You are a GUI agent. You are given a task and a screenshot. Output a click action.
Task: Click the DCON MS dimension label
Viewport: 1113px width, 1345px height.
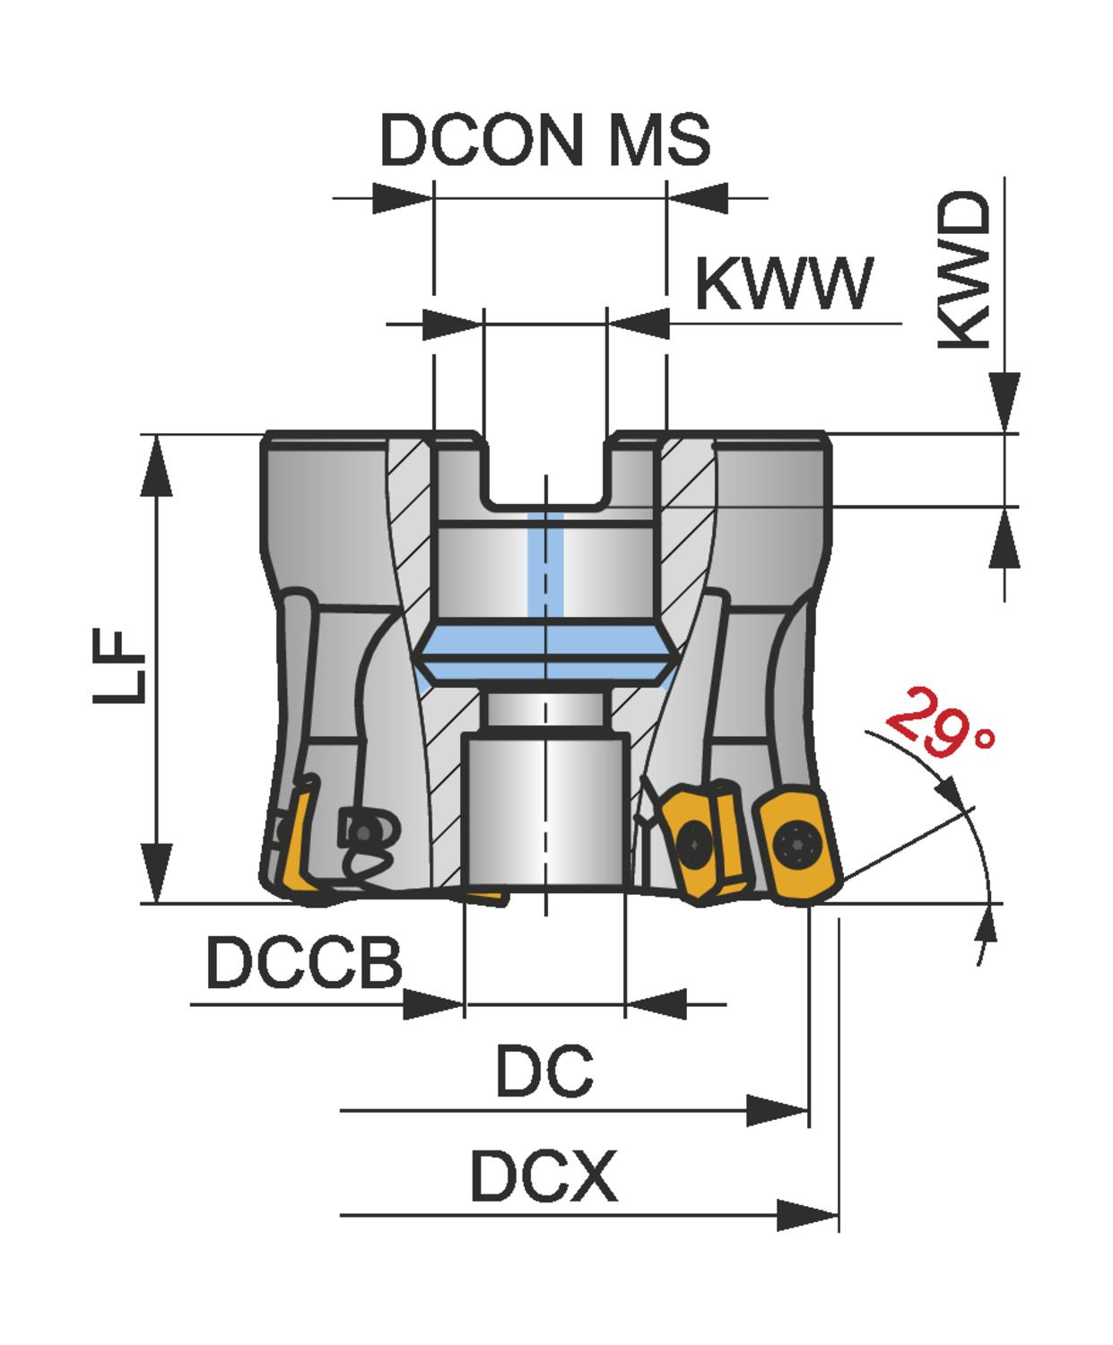tap(545, 141)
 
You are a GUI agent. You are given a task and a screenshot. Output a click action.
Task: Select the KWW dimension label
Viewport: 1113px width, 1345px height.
tap(783, 284)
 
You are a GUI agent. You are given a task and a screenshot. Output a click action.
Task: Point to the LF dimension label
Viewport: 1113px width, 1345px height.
tap(118, 668)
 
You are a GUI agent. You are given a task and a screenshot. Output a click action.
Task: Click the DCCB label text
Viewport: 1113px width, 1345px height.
tap(304, 962)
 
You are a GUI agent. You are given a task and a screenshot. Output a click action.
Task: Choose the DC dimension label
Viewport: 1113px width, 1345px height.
tap(544, 1072)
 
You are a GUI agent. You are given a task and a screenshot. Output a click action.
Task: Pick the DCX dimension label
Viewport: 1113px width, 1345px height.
tap(543, 1176)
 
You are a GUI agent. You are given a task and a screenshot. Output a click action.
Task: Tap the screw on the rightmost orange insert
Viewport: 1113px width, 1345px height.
tap(796, 843)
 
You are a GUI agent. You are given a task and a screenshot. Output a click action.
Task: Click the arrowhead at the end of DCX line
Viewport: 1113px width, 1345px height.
tap(807, 1216)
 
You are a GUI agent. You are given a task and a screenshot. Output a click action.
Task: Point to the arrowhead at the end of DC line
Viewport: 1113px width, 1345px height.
tap(778, 1111)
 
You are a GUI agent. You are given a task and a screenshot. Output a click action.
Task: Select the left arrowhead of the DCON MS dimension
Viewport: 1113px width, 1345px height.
tap(402, 197)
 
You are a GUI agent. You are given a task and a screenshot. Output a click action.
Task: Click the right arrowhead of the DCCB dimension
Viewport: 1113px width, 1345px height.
tap(656, 1004)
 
